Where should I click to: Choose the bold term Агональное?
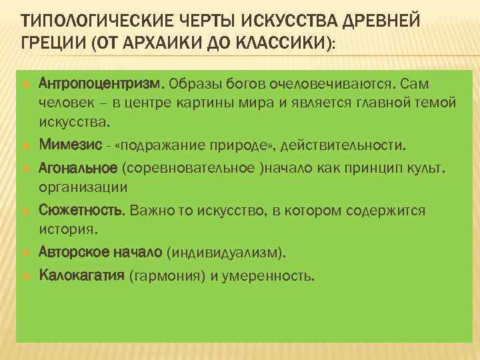pyautogui.click(x=78, y=166)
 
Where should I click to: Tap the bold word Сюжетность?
pyautogui.click(x=82, y=211)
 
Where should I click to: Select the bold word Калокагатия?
pyautogui.click(x=82, y=275)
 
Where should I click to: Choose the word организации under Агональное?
pyautogui.click(x=83, y=187)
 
